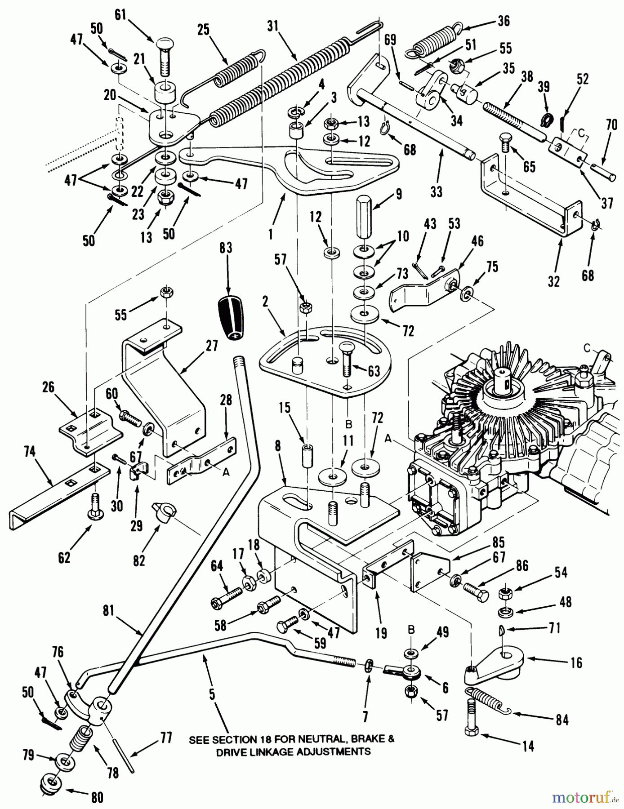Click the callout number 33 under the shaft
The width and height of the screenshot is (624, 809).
point(436,192)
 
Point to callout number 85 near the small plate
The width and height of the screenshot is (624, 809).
point(498,542)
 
